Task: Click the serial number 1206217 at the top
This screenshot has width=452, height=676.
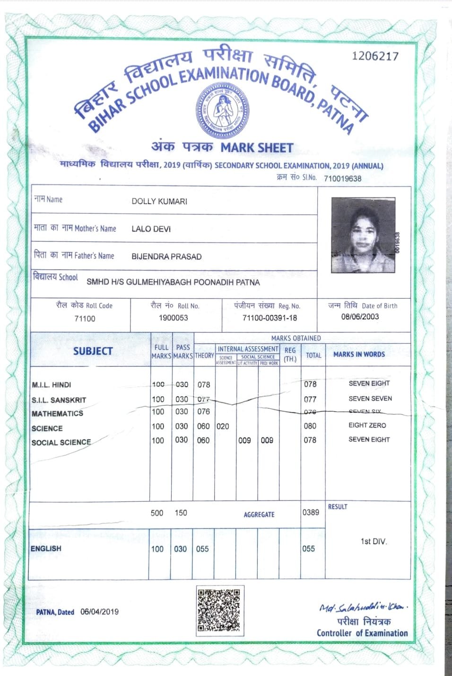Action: click(375, 56)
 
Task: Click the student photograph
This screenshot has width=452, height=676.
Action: click(364, 235)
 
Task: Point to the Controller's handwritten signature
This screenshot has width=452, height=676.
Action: click(363, 607)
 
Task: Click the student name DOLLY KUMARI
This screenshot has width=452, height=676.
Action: click(159, 201)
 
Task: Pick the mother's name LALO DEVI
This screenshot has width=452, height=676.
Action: click(151, 229)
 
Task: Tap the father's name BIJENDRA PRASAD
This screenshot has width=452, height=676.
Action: click(166, 257)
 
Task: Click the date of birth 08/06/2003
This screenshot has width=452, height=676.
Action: click(360, 317)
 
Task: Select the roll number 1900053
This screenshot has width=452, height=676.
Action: click(173, 318)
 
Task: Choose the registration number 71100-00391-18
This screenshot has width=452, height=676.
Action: click(269, 318)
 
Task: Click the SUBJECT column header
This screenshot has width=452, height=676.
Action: click(93, 351)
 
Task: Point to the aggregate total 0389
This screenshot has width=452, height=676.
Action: click(311, 512)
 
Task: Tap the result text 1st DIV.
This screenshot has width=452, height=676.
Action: click(374, 541)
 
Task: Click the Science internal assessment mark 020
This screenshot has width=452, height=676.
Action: click(223, 426)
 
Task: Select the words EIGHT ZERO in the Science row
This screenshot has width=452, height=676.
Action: click(367, 425)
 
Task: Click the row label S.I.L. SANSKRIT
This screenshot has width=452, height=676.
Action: click(59, 400)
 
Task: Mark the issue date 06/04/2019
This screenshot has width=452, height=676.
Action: click(99, 611)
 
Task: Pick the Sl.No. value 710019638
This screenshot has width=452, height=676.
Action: click(342, 178)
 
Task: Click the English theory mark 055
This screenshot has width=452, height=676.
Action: click(202, 549)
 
